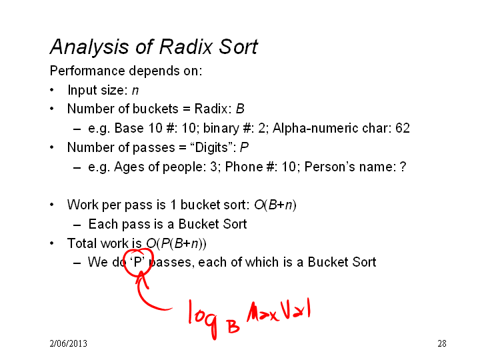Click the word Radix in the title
tap(186, 47)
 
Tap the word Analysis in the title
tap(89, 47)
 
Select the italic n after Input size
tap(135, 91)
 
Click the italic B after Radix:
tap(240, 109)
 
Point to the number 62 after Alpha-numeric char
tap(403, 128)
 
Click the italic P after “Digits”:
tap(244, 147)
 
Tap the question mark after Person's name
tap(403, 167)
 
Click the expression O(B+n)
tap(275, 205)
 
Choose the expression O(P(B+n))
tap(176, 244)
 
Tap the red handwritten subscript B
tap(233, 326)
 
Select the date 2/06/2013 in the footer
tap(68, 343)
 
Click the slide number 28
tap(442, 343)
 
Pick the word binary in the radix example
tap(221, 129)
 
